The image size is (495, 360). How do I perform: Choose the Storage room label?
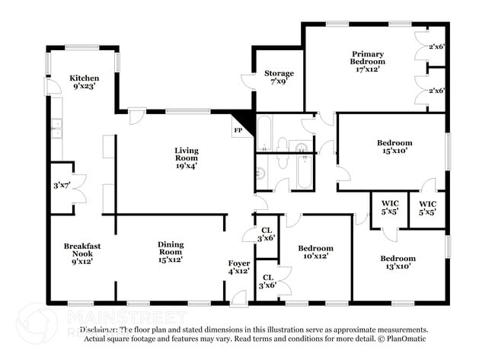pos(279,74)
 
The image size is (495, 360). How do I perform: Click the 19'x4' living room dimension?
pos(187,161)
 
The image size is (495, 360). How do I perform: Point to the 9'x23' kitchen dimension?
pos(84,88)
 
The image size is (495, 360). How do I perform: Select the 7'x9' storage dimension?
pos(279,82)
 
